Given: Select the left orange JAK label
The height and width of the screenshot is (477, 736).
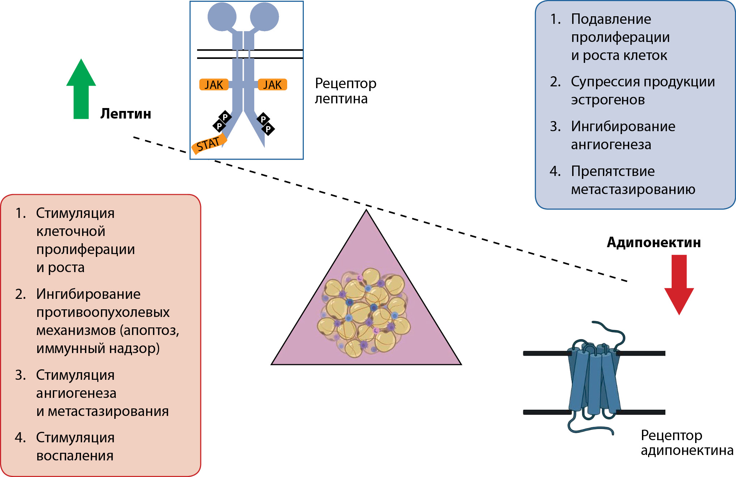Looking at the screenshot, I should [x=214, y=85].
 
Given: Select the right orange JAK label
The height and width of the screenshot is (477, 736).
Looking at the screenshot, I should [x=272, y=85].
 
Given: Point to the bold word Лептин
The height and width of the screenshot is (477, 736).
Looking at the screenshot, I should [x=125, y=114].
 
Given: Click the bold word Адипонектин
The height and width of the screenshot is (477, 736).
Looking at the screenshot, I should [x=654, y=242].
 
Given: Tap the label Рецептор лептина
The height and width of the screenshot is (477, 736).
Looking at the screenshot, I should [x=345, y=91].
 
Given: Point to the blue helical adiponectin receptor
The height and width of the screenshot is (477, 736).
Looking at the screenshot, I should [x=593, y=379].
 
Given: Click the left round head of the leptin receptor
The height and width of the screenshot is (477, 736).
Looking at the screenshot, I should [x=222, y=17].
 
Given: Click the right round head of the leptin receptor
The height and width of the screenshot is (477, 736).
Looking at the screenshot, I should [x=264, y=17].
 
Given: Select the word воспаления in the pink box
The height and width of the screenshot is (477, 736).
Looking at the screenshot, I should [x=75, y=456].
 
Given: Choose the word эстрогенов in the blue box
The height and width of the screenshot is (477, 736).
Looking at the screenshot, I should [x=608, y=100].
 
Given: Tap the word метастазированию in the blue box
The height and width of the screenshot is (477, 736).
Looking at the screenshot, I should [x=633, y=189].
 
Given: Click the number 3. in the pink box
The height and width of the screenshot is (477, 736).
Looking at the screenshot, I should [x=20, y=375].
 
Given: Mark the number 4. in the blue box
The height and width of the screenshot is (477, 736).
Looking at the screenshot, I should [x=555, y=171].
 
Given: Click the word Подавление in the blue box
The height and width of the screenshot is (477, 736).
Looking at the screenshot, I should [x=611, y=19].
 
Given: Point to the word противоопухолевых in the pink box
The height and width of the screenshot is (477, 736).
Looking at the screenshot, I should [x=103, y=313].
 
